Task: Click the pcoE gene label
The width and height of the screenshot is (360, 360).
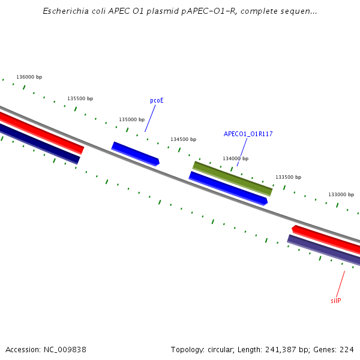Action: (x=157, y=101)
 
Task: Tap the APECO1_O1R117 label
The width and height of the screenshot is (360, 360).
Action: (x=248, y=134)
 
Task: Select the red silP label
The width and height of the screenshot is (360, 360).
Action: (x=335, y=301)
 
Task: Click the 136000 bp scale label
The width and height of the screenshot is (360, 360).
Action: (x=29, y=77)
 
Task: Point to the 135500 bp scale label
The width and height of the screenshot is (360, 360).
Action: (x=80, y=98)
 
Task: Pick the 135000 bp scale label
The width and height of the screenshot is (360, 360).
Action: (x=131, y=119)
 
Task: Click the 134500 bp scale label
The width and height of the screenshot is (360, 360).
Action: (x=183, y=139)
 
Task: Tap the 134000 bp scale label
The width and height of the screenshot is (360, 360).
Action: (x=235, y=158)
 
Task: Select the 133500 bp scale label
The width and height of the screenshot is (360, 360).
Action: (x=288, y=177)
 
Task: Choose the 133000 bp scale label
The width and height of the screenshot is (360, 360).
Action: (x=341, y=194)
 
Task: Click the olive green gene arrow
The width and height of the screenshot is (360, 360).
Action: (x=232, y=178)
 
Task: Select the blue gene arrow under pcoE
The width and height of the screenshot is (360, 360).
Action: (x=136, y=154)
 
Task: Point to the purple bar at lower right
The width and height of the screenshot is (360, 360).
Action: (x=324, y=250)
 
